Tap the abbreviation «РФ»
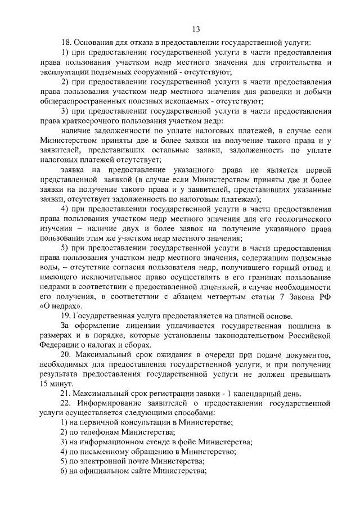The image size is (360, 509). [x=326, y=296]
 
